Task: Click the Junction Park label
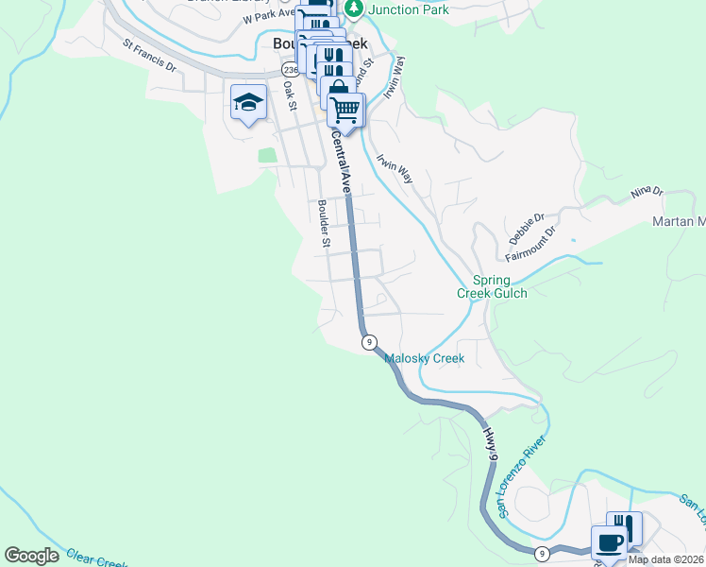(x=408, y=9)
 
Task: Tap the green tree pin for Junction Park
(x=353, y=8)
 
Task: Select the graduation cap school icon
(x=246, y=103)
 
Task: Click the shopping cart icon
(x=345, y=110)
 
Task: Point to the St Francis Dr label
(x=150, y=55)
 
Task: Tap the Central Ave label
(x=342, y=163)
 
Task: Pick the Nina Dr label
(x=648, y=195)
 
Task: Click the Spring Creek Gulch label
(x=492, y=286)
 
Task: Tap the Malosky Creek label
(x=424, y=359)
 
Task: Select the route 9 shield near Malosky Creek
(x=369, y=341)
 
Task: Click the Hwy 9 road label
(x=491, y=443)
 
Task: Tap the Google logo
(x=31, y=556)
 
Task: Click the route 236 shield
(x=289, y=70)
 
